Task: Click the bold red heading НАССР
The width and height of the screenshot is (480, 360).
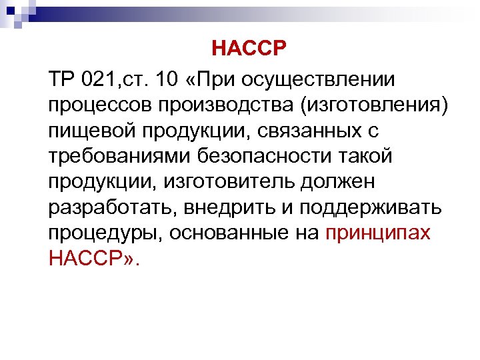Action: click(x=248, y=49)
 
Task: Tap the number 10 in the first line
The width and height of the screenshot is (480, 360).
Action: click(x=169, y=81)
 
